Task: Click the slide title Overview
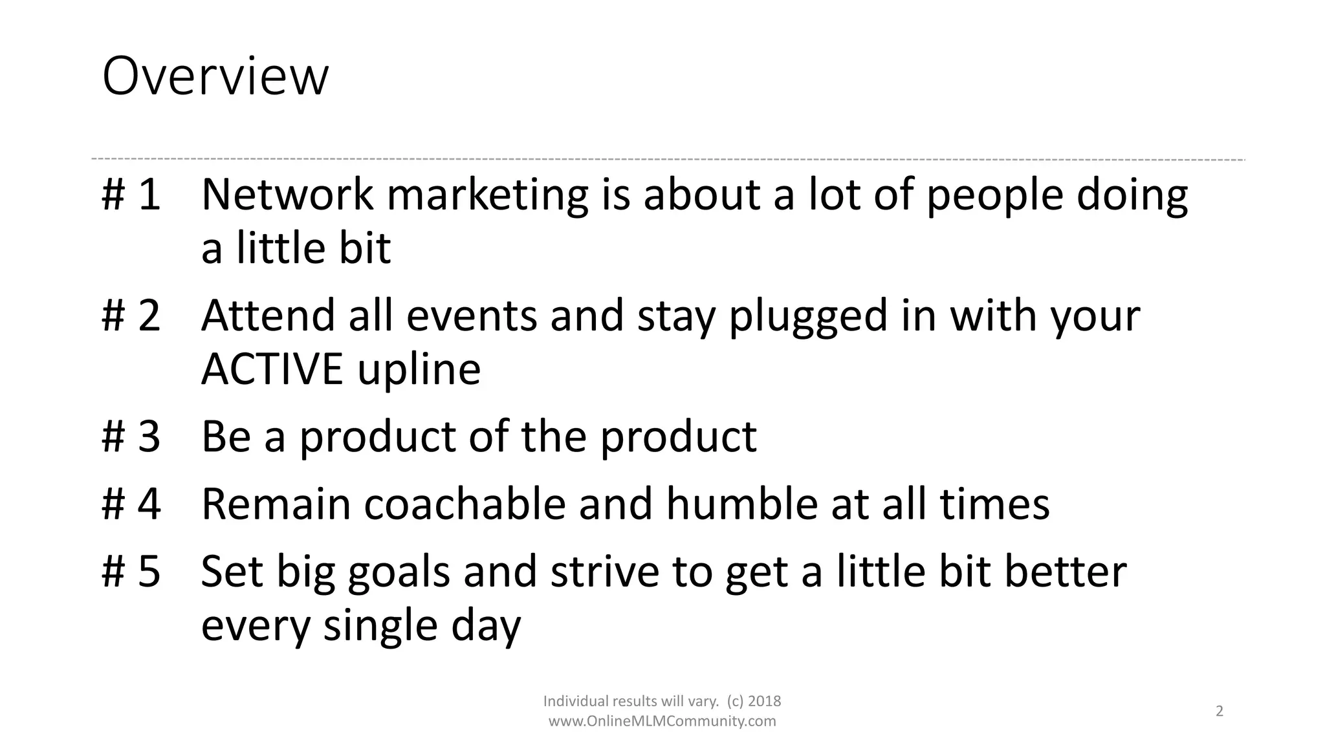tap(215, 77)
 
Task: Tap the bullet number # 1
tap(131, 194)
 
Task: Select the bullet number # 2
tap(131, 316)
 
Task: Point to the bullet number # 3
tap(131, 437)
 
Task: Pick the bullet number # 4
tap(131, 504)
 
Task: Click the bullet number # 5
tap(131, 572)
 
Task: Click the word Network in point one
tap(287, 194)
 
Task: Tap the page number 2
tap(1220, 711)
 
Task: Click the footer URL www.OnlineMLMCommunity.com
tap(662, 721)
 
